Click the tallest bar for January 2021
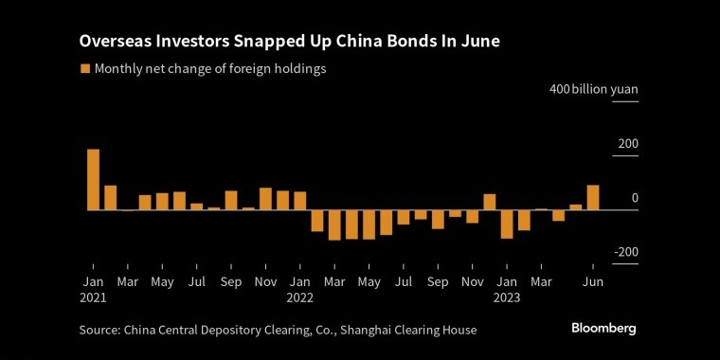point(93,179)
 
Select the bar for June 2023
point(593,197)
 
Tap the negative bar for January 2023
point(507,224)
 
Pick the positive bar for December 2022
point(490,202)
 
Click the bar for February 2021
point(110,197)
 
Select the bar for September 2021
point(231,200)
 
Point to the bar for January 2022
point(299,200)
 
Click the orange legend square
point(85,69)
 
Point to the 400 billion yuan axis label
point(594,89)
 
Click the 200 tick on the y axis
point(628,144)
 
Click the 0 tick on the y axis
point(635,198)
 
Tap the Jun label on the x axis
point(593,281)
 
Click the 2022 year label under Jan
point(299,297)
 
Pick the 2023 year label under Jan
point(507,297)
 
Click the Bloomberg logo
point(603,328)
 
